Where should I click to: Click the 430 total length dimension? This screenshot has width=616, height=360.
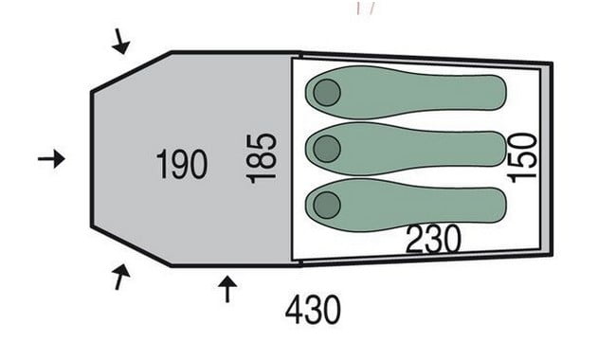click(x=313, y=310)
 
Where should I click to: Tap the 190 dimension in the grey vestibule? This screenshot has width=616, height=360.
click(x=182, y=165)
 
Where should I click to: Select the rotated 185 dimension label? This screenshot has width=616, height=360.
click(x=262, y=158)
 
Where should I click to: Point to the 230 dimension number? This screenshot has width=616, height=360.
click(x=433, y=239)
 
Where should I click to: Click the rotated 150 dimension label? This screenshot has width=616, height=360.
click(x=522, y=158)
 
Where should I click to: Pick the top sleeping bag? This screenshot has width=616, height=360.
click(x=406, y=92)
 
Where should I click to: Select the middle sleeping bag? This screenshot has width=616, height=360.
click(x=406, y=149)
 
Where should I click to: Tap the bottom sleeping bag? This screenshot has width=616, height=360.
click(x=406, y=205)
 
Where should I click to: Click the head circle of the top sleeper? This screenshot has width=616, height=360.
click(x=327, y=93)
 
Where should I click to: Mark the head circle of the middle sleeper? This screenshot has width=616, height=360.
click(x=327, y=149)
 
